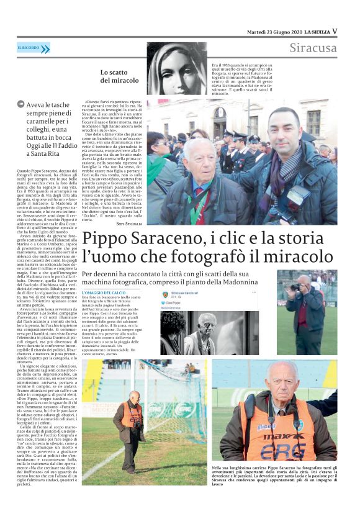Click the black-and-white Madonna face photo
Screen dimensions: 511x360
(177, 68)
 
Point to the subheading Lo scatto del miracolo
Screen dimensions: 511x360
(120, 76)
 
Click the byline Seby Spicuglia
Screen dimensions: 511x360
(129, 224)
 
